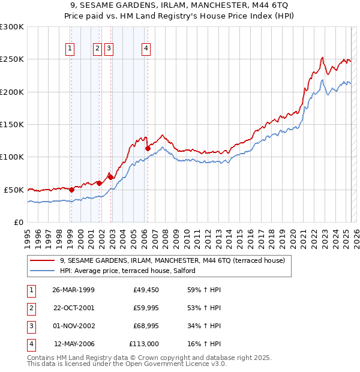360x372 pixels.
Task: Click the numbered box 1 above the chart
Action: pos(70,49)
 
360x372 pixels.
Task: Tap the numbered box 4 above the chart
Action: pos(146,49)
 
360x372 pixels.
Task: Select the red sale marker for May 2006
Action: pos(148,148)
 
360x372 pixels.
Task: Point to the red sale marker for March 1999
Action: pos(71,190)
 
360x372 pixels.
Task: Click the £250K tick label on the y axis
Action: pos(12,59)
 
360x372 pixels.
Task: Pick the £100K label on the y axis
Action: pos(12,157)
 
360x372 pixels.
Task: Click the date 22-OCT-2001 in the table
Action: pos(73,308)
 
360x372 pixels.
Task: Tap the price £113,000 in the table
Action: pos(144,344)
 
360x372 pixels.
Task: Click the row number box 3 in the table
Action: pos(31,326)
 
